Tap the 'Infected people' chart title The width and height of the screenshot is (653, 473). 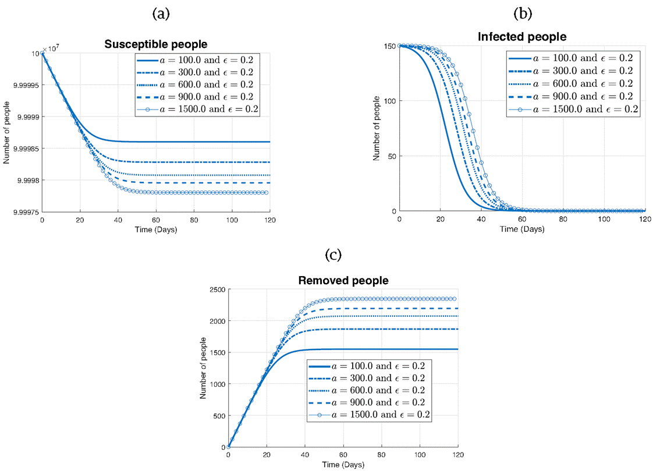[x=522, y=37]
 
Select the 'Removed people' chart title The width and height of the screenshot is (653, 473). [x=343, y=280]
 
